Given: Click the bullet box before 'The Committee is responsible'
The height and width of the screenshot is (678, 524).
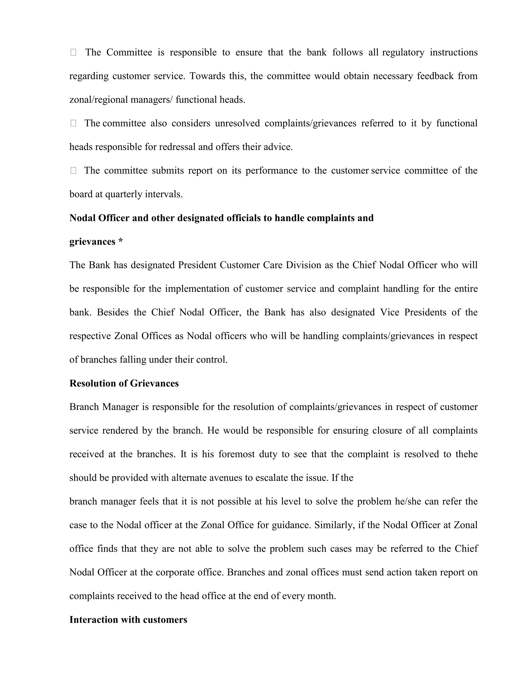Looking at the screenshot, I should (x=73, y=52).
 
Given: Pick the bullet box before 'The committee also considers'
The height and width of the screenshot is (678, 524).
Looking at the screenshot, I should (x=73, y=123).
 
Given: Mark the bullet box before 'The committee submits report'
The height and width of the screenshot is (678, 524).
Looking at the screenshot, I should (x=73, y=170).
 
